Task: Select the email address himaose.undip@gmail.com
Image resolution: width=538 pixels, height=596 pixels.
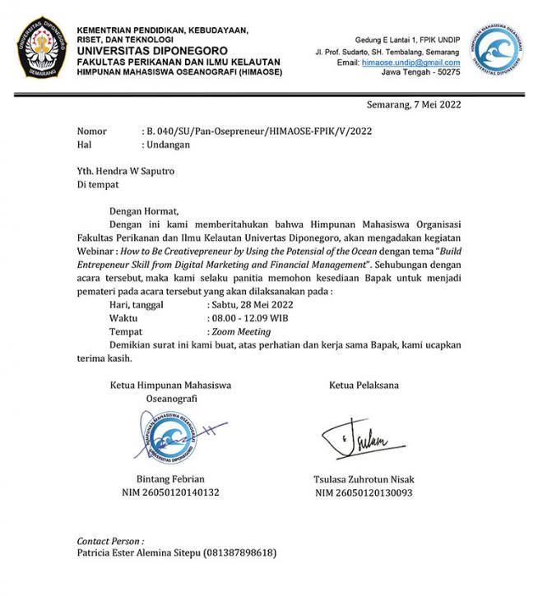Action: tap(410, 62)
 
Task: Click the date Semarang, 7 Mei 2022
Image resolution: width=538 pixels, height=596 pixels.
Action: tap(414, 104)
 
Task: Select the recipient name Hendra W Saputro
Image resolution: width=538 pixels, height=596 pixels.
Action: tap(136, 172)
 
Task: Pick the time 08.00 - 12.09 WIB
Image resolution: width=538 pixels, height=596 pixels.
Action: tap(249, 318)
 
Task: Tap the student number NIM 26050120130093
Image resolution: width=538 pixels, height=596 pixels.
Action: tap(363, 492)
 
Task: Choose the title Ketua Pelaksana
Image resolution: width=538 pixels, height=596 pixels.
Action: tap(364, 385)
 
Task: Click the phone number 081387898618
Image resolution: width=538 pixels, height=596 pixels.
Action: tap(239, 552)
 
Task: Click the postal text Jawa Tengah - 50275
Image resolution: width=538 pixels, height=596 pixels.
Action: tap(420, 72)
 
